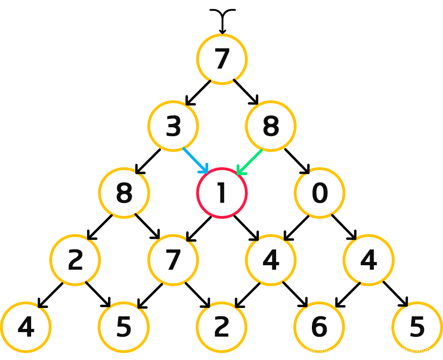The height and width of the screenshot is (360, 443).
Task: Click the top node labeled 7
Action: [222, 59]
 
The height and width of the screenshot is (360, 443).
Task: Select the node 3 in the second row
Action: [173, 126]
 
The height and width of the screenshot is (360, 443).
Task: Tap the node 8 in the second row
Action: [271, 126]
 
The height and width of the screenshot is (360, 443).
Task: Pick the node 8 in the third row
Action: [124, 193]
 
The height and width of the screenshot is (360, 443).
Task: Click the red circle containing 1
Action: [222, 193]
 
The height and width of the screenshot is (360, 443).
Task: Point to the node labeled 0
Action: [319, 193]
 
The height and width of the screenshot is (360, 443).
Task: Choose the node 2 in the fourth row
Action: [75, 260]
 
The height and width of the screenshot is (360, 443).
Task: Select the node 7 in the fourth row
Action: [173, 260]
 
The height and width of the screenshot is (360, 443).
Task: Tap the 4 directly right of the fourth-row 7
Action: [271, 260]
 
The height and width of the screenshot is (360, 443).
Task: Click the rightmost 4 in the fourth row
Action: [369, 260]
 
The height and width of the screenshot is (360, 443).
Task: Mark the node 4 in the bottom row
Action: [26, 327]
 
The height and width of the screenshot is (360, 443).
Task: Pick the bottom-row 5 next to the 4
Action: [124, 327]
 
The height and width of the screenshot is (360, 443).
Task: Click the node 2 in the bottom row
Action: [222, 327]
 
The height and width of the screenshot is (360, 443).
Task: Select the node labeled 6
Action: [319, 327]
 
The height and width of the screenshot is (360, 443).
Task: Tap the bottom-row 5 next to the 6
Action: [417, 327]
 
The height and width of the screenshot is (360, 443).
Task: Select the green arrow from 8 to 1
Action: [250, 162]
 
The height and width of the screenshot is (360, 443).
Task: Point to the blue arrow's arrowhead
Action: [205, 170]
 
